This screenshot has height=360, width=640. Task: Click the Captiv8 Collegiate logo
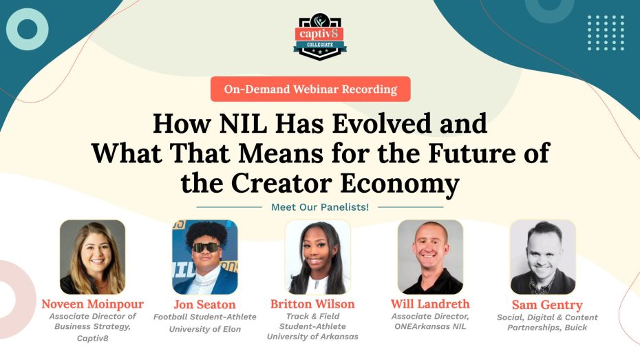320,37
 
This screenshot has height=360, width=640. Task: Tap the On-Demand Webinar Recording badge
310,89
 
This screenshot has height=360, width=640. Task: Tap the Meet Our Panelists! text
320,207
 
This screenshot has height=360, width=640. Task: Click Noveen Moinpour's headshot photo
92,257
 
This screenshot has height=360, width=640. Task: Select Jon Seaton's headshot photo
204,257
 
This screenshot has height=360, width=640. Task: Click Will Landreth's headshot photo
430,257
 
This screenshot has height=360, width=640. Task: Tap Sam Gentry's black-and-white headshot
542,257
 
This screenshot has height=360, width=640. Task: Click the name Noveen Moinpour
92,304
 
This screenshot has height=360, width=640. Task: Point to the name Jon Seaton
204,304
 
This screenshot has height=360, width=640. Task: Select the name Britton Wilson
312,304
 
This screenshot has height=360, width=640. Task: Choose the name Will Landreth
430,304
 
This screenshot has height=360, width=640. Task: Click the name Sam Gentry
547,305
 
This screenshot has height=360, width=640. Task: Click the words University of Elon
204,329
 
